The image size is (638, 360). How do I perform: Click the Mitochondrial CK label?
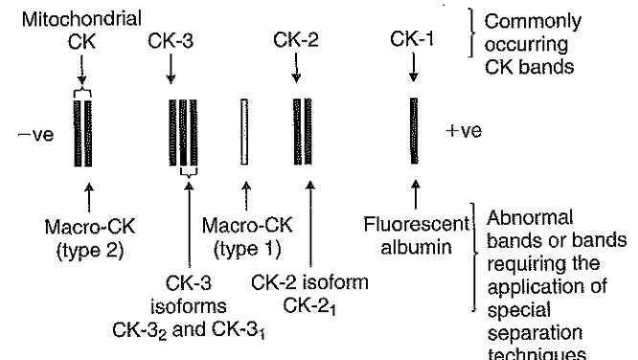point(82,28)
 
